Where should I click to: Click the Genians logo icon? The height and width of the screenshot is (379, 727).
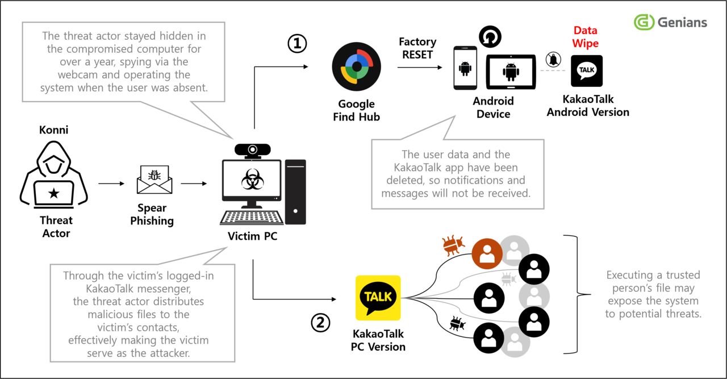tap(644, 22)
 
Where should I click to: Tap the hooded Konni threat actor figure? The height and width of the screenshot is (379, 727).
tap(53, 176)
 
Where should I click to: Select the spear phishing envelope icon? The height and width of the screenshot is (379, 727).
tap(154, 180)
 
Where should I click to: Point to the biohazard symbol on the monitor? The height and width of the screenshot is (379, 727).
tap(250, 182)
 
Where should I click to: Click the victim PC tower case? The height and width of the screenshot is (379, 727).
tap(295, 192)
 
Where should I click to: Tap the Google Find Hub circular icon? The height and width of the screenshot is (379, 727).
tap(356, 68)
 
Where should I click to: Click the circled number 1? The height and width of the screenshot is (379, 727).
tap(296, 44)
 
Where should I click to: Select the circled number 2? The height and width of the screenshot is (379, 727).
tap(320, 323)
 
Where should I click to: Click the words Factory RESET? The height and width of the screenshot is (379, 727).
tap(417, 48)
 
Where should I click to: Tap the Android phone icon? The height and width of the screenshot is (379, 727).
tap(465, 68)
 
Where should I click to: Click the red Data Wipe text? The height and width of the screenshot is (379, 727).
tap(585, 37)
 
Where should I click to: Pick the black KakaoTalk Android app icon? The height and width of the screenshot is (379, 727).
tap(586, 70)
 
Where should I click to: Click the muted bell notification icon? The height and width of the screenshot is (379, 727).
tap(552, 59)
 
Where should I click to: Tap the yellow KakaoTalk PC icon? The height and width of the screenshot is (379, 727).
tap(378, 298)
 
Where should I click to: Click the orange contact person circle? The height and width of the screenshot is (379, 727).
tap(487, 254)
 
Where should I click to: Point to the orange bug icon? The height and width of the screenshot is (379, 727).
tap(453, 244)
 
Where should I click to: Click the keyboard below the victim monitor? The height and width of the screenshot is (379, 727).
tap(252, 218)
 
